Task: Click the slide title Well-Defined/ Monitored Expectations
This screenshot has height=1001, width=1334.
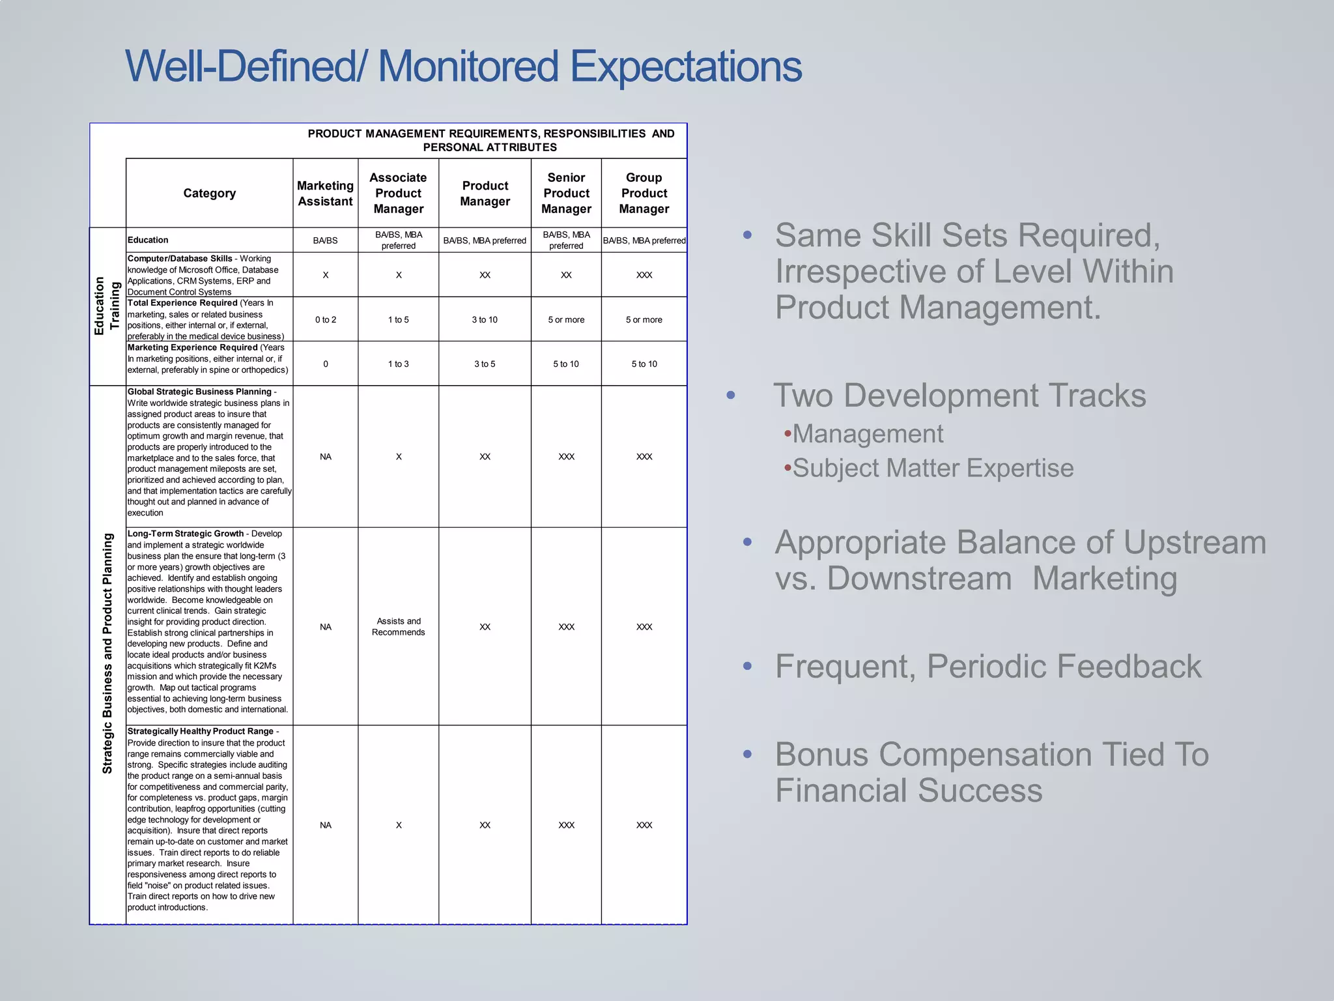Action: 462,66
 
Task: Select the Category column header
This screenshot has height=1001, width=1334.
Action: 209,193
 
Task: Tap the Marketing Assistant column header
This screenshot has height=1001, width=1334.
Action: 325,194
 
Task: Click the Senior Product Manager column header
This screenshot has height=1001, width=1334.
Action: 566,193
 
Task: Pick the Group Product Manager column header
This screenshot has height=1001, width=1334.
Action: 644,193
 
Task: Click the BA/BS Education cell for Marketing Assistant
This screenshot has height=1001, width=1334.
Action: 325,240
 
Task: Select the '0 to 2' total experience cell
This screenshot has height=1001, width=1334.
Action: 325,319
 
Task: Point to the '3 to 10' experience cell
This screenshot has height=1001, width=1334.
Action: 485,319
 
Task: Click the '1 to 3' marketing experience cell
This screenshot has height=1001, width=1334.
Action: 398,364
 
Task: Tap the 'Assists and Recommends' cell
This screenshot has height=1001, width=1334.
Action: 398,626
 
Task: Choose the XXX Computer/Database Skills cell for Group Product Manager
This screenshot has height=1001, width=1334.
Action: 644,275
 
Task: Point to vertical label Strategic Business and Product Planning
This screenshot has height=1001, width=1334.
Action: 107,653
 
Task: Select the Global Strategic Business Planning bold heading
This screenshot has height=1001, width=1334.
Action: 199,392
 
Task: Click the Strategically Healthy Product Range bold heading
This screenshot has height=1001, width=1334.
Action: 201,731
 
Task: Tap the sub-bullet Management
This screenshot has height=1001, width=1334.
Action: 867,434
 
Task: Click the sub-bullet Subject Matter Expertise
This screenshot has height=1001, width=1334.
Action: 932,468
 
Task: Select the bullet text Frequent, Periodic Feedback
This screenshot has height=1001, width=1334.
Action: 987,667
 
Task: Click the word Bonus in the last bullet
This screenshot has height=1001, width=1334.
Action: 821,755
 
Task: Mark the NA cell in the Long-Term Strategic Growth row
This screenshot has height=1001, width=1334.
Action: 325,627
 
